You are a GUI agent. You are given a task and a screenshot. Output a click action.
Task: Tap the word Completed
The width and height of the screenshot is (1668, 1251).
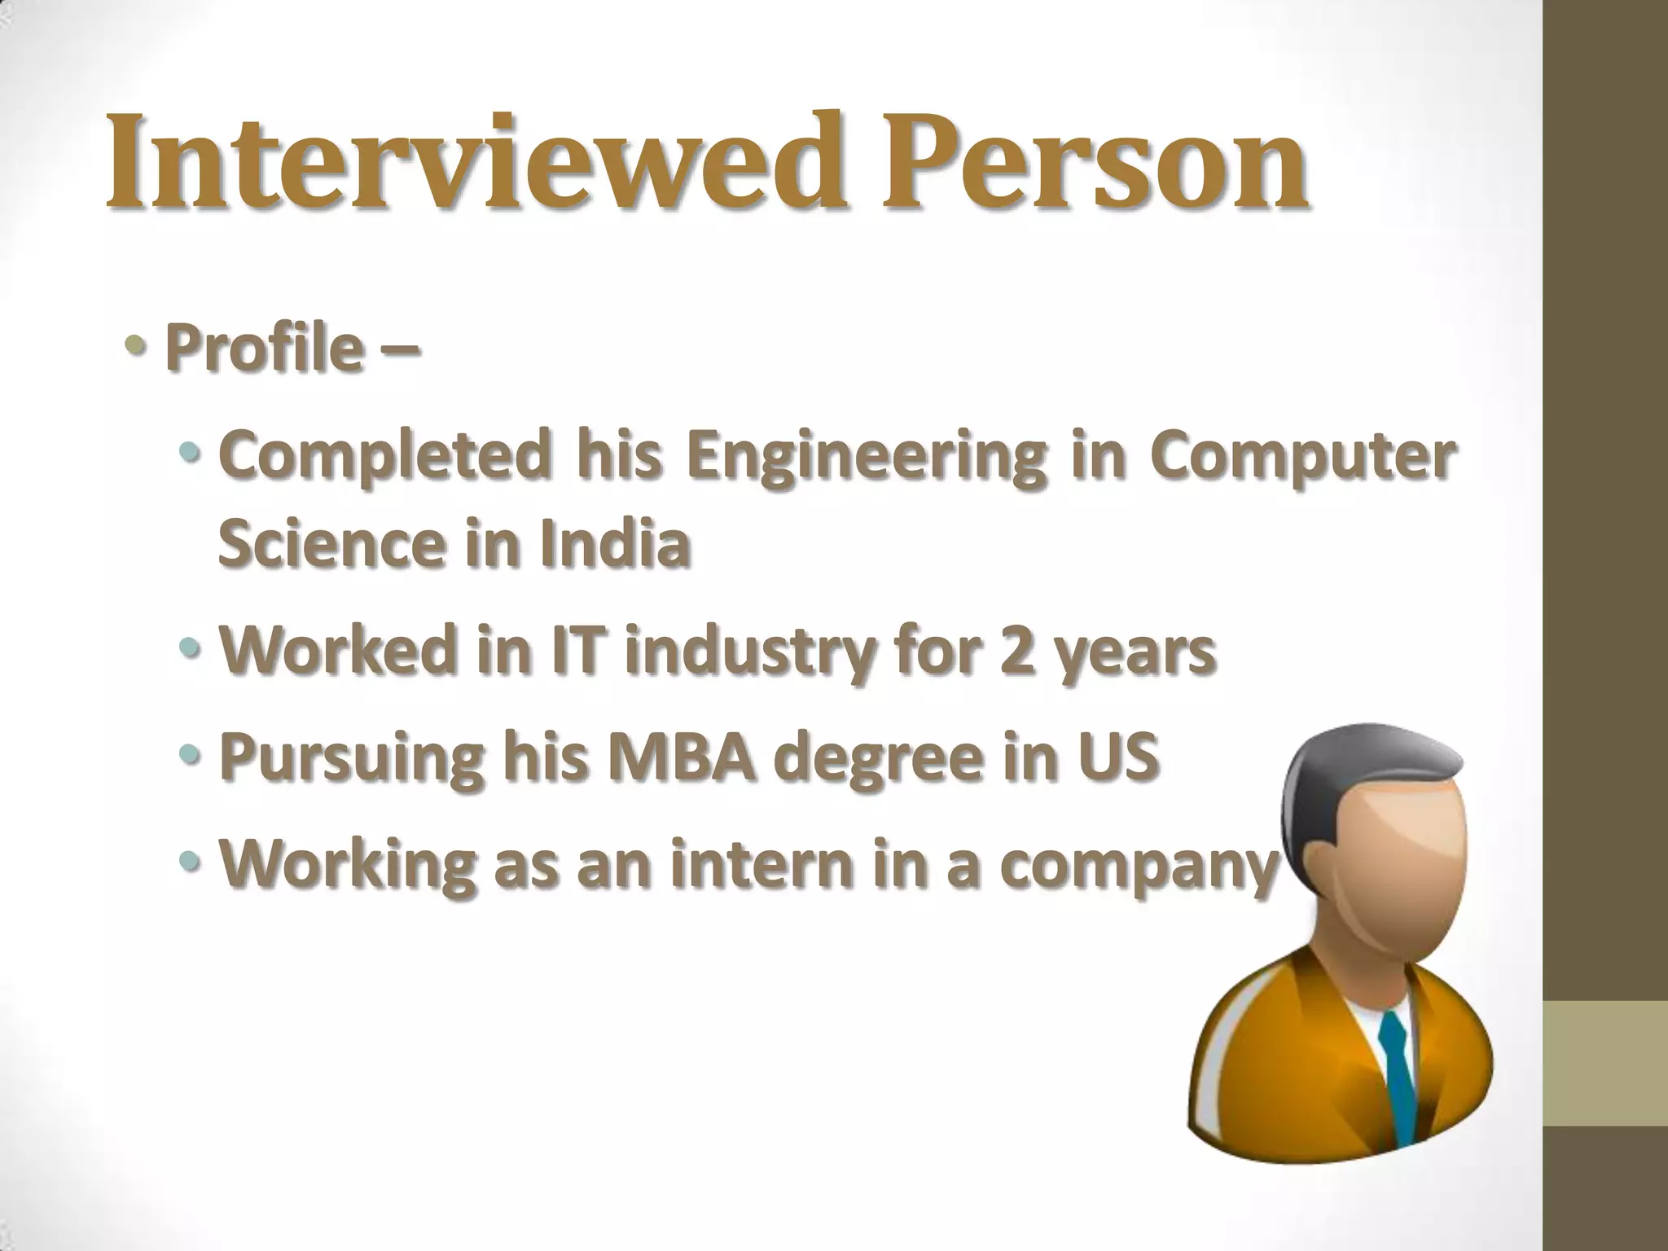tap(382, 456)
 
